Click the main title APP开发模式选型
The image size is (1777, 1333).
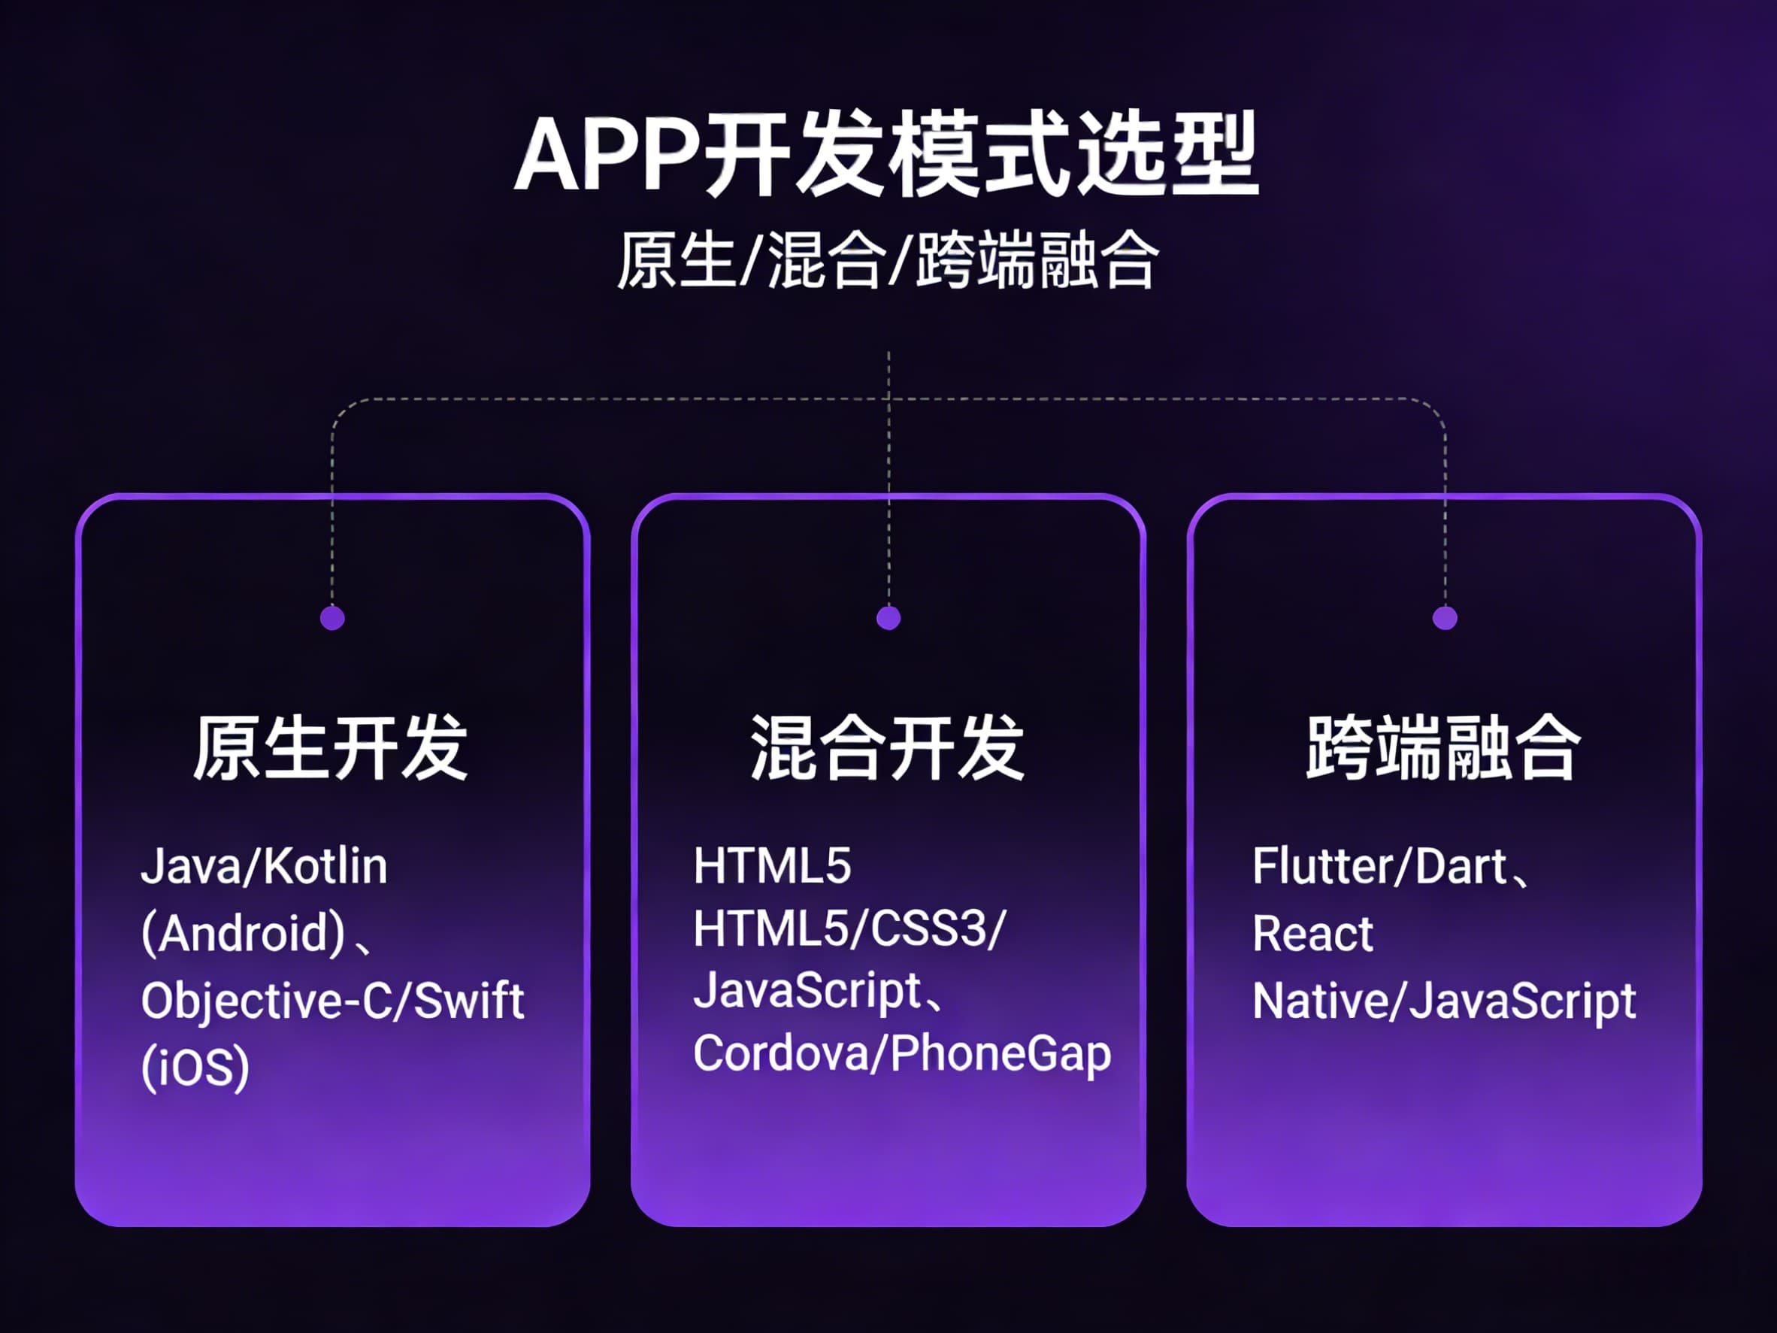pos(887,154)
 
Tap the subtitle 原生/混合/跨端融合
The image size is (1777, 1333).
pos(887,260)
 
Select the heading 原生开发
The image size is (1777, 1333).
pos(330,748)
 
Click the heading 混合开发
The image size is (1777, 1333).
pos(887,748)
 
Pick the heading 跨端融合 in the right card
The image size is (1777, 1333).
pos(1443,748)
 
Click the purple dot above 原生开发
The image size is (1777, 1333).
pos(332,618)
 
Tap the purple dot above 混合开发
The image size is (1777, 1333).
pos(888,618)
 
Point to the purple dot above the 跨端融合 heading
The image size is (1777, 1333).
pos(1445,618)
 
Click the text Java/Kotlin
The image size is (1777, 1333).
pos(264,867)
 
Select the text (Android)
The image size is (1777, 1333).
pos(244,934)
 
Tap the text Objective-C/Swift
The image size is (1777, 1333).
pos(332,1001)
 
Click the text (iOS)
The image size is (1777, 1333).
pos(195,1068)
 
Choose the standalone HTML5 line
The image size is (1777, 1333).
pos(772,866)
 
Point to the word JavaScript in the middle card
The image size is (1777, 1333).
pos(807,992)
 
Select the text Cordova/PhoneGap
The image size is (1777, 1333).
pos(902,1053)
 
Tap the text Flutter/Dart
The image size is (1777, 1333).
pos(1379,867)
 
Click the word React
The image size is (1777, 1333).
pos(1312,934)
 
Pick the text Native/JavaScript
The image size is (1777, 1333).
pos(1443,1002)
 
